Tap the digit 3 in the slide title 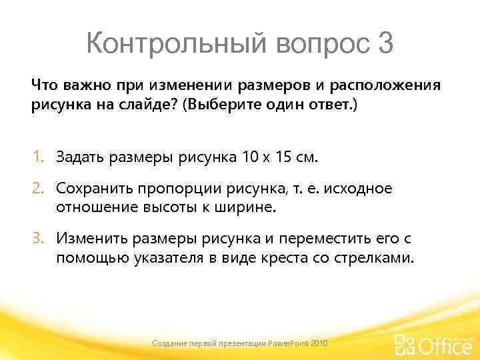point(385,44)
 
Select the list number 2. point(39,189)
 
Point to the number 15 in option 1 point(283,157)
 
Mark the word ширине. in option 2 point(241,207)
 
